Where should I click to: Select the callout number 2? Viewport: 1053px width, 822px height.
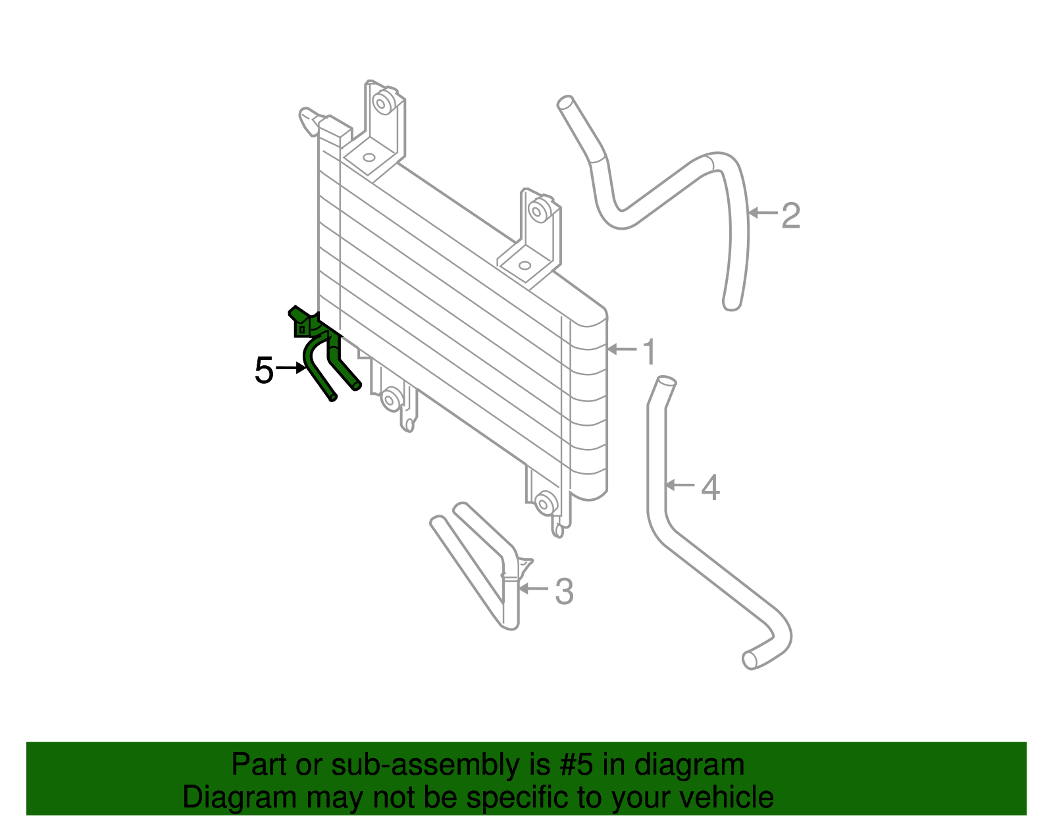click(x=791, y=216)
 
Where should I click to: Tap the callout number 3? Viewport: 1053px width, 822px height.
click(x=564, y=592)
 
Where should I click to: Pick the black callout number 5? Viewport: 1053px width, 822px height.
click(x=264, y=370)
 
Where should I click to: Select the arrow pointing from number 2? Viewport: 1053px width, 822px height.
click(x=763, y=213)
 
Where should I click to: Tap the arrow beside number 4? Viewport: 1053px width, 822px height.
click(x=681, y=484)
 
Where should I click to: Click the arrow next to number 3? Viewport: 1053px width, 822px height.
click(x=534, y=588)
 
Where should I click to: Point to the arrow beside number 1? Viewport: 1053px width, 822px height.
click(x=622, y=349)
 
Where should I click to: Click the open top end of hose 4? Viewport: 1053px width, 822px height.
click(x=666, y=380)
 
